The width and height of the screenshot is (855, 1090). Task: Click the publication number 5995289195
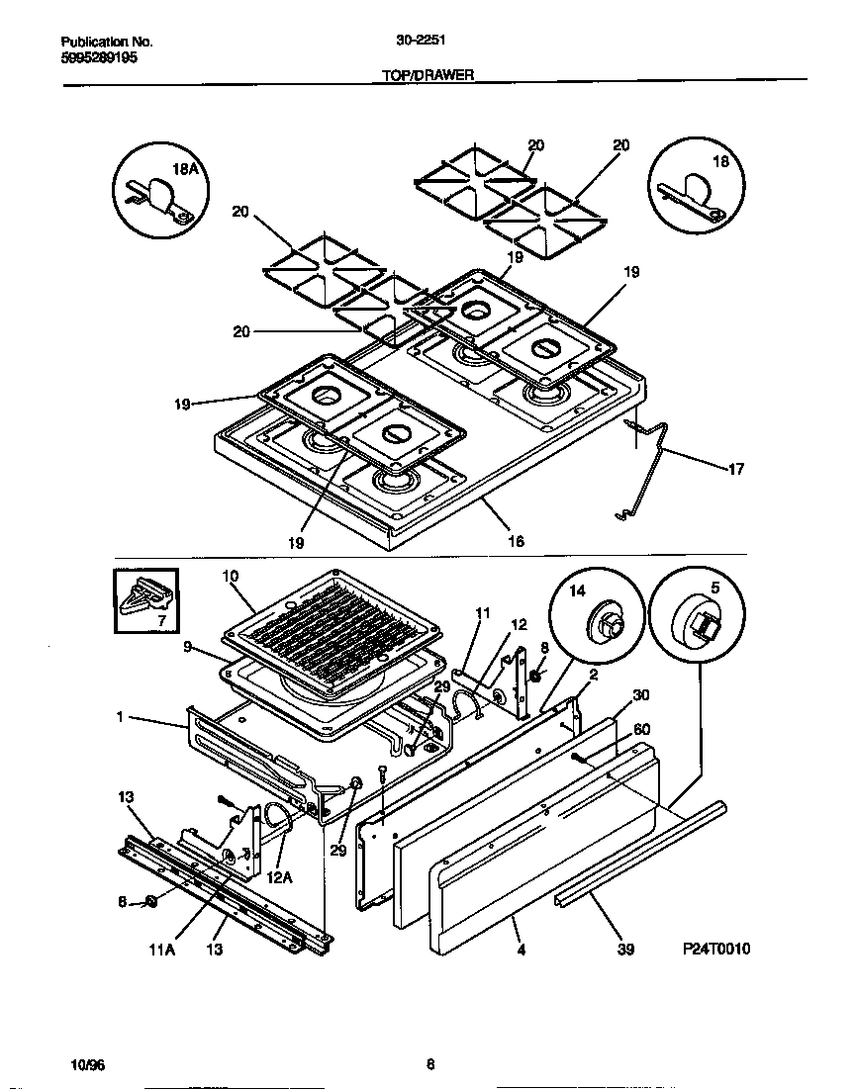tap(99, 57)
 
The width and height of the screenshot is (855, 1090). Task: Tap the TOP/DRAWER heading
tap(427, 74)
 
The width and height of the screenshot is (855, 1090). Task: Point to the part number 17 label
tap(735, 469)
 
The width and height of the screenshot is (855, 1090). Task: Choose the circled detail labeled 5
tap(699, 614)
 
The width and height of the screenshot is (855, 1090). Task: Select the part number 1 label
tap(120, 717)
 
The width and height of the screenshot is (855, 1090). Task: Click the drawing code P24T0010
tap(716, 949)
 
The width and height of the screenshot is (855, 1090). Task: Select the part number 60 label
tap(641, 729)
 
